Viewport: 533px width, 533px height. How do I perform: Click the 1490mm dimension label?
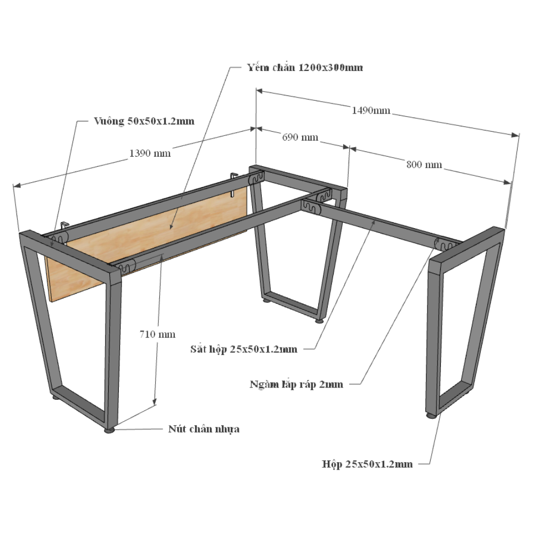[x=371, y=110]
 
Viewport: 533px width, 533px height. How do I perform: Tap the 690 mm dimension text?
[x=300, y=138]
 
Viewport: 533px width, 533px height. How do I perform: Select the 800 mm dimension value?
[x=424, y=165]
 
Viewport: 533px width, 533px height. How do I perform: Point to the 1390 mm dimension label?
[x=150, y=154]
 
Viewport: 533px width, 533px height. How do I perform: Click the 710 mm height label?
[x=157, y=335]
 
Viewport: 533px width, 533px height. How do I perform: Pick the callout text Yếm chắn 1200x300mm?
[x=305, y=67]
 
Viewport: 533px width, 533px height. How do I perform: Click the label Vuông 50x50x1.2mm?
[x=144, y=121]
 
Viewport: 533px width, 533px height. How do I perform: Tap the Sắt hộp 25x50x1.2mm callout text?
[x=244, y=349]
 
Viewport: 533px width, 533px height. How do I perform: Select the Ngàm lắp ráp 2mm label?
[x=296, y=384]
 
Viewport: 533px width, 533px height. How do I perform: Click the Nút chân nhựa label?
[x=204, y=429]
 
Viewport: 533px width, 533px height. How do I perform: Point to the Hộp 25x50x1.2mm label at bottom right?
[x=367, y=464]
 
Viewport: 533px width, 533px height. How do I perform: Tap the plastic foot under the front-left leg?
[x=109, y=430]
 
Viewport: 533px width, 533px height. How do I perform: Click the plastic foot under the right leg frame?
[x=431, y=415]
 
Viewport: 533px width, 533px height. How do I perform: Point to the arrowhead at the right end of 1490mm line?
[x=515, y=135]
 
